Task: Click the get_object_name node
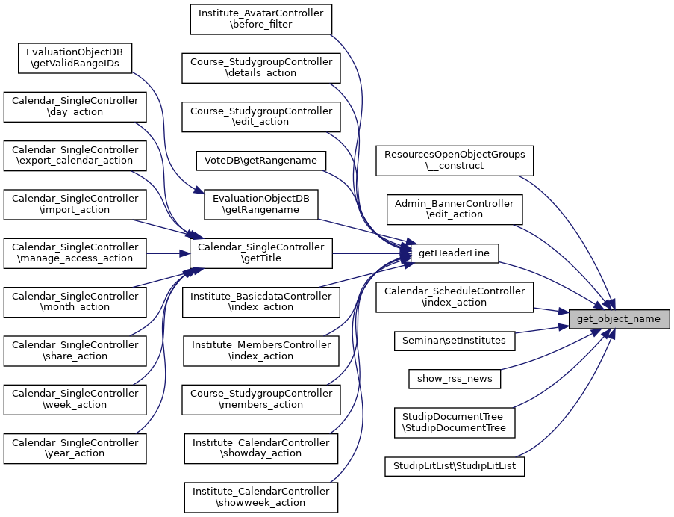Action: pyautogui.click(x=619, y=319)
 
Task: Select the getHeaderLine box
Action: pyautogui.click(x=454, y=253)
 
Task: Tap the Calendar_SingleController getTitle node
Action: pyautogui.click(x=260, y=253)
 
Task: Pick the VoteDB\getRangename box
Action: pyautogui.click(x=260, y=160)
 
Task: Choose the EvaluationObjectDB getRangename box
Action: pyautogui.click(x=260, y=204)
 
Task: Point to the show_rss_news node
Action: pyautogui.click(x=455, y=378)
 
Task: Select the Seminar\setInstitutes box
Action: pyautogui.click(x=454, y=341)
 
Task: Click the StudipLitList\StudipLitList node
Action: pyautogui.click(x=455, y=466)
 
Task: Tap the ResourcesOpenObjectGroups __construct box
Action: pyautogui.click(x=455, y=161)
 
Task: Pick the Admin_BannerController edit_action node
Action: pyautogui.click(x=455, y=209)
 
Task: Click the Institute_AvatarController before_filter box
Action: pyautogui.click(x=260, y=19)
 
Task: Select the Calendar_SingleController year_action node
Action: pyautogui.click(x=75, y=448)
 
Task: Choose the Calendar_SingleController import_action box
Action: pyautogui.click(x=75, y=204)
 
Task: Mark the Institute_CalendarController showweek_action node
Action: pyautogui.click(x=260, y=497)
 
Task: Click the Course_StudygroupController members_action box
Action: pyautogui.click(x=260, y=399)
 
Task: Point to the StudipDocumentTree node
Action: pyautogui.click(x=455, y=422)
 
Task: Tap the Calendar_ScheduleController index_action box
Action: pyautogui.click(x=455, y=297)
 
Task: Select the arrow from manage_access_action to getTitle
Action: pyautogui.click(x=167, y=253)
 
